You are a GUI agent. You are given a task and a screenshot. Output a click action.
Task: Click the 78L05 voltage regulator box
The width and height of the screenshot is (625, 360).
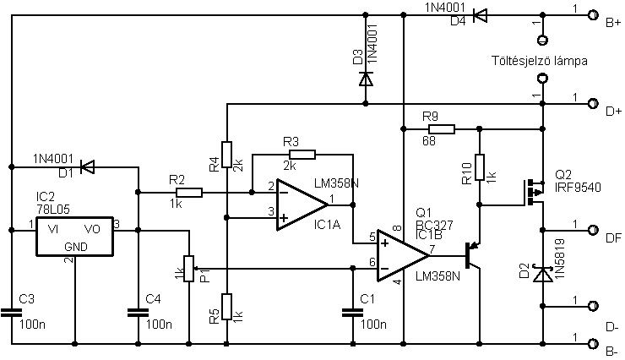pos(74,236)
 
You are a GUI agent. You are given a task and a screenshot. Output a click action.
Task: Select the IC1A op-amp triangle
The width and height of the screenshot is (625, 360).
pos(302,205)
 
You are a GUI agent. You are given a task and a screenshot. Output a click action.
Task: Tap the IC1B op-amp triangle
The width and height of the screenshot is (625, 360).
pos(403,255)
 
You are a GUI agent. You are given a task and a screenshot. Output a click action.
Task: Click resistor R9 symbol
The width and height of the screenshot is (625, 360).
pos(441,128)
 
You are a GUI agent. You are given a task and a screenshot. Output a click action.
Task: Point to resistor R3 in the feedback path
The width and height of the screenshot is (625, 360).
pos(302,155)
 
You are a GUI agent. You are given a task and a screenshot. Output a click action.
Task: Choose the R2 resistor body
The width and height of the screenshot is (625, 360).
pos(189,193)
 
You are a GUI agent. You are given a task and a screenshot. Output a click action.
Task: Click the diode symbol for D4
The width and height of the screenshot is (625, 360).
pos(480,15)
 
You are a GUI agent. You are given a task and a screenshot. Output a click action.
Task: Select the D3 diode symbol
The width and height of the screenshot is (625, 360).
pos(366,79)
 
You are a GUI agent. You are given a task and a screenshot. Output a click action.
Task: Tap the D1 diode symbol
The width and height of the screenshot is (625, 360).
pos(87,166)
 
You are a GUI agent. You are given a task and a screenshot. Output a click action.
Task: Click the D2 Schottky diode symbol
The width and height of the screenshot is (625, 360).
pos(542,275)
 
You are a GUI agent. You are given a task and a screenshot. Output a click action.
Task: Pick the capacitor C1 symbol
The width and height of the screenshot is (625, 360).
pos(352,313)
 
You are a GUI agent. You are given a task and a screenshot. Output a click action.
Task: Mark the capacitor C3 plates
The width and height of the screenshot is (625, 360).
pos(11,313)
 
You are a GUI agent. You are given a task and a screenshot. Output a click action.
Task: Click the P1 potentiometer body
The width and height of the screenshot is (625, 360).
pos(189,268)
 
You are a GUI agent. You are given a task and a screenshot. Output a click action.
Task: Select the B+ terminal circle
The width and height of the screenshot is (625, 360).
pos(593,15)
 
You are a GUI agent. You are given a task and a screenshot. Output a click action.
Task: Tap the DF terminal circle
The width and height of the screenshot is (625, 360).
pos(593,230)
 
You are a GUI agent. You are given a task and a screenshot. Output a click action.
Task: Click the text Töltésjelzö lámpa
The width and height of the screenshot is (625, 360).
pos(539,61)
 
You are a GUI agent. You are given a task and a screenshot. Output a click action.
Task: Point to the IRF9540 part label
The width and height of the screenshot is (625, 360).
pos(578,188)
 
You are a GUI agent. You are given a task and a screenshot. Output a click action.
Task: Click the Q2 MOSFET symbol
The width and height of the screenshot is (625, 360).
pos(534,193)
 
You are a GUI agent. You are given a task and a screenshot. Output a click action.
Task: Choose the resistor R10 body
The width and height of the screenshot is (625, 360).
pos(480,167)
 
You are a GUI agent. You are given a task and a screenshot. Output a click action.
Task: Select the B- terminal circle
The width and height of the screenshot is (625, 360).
pos(593,344)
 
